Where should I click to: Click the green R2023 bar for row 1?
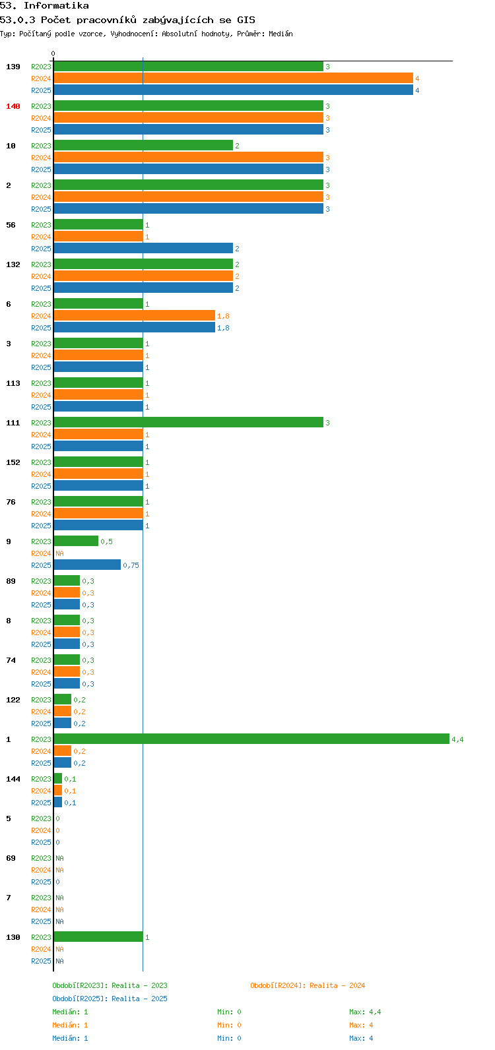point(251,739)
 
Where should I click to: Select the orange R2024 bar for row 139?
point(234,78)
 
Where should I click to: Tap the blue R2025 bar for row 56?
point(144,248)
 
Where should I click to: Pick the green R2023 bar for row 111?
point(189,422)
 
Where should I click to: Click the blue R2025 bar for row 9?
point(87,565)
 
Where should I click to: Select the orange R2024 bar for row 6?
point(135,315)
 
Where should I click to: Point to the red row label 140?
point(13,106)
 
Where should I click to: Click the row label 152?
point(13,462)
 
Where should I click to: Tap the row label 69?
point(11,858)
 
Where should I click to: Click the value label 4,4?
point(457,739)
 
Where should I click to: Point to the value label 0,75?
point(131,565)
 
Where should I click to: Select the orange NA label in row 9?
point(59,553)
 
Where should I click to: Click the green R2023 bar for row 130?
point(98,937)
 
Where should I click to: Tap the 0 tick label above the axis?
point(53,53)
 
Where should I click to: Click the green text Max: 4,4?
point(365,1012)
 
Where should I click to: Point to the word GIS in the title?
point(246,20)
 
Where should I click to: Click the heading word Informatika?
point(56,6)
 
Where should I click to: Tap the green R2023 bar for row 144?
point(57,778)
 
